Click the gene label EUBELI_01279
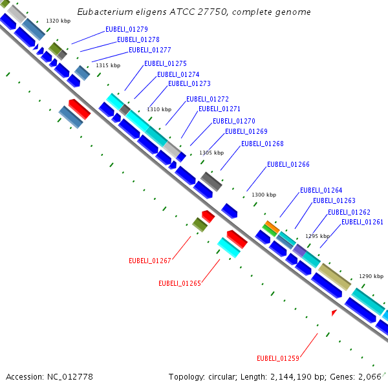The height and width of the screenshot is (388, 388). (x=127, y=30)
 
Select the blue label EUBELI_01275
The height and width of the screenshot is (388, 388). (x=166, y=63)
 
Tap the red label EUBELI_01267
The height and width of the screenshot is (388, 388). (x=149, y=261)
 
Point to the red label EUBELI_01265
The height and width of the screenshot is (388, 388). (x=180, y=283)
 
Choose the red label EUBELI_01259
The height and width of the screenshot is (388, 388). (x=278, y=358)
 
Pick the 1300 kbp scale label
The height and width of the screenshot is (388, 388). (x=263, y=195)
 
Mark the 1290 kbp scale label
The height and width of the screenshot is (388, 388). (x=371, y=275)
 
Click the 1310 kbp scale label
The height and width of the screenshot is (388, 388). (x=159, y=109)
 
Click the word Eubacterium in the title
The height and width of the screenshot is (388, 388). (x=103, y=12)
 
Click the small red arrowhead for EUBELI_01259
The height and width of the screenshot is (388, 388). (x=334, y=313)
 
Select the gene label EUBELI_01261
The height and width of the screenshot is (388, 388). (x=362, y=222)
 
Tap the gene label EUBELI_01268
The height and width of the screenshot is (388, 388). (x=262, y=144)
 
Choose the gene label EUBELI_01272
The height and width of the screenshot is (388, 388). (x=208, y=99)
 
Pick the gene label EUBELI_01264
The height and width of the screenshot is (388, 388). (x=321, y=190)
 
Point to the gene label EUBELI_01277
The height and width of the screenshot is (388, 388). (x=150, y=50)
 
